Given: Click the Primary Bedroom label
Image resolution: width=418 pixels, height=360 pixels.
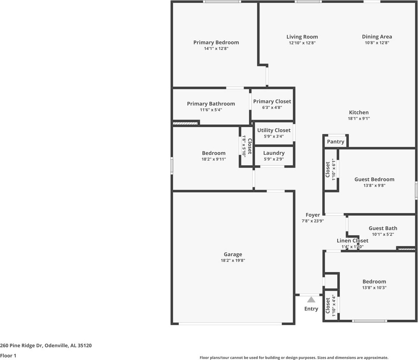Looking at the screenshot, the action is click(216, 42).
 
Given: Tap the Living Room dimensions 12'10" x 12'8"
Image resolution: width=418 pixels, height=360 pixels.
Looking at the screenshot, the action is click(302, 43).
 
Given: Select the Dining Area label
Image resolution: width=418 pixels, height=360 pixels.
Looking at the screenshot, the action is click(377, 37).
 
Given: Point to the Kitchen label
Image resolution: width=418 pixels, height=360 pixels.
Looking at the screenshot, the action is click(359, 112).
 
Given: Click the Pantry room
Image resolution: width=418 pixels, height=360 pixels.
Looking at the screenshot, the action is click(335, 141).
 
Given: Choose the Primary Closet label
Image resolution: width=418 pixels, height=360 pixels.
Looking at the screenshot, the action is click(272, 101).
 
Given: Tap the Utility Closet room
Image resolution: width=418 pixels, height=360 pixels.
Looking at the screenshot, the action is click(274, 133).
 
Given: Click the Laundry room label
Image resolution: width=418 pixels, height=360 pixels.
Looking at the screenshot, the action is click(274, 153).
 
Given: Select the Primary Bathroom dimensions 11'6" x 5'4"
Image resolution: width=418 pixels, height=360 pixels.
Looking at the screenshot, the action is click(211, 110).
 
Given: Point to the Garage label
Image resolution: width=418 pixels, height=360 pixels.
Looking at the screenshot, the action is click(233, 254).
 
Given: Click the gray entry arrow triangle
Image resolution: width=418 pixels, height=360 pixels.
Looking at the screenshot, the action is click(311, 300).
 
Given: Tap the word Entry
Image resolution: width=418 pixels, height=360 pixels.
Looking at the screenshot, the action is click(311, 309).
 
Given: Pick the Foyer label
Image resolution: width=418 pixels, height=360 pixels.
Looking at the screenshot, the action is click(313, 215).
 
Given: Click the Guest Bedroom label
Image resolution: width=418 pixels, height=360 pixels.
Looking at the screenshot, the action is click(374, 180).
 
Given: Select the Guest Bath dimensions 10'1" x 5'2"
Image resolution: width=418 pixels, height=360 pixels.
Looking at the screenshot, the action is click(383, 234).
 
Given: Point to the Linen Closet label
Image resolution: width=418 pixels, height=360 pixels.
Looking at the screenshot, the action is click(352, 241).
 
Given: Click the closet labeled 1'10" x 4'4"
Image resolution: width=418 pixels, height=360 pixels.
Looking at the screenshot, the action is click(330, 305).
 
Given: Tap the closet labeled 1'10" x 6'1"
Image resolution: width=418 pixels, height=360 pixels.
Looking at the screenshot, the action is click(330, 169).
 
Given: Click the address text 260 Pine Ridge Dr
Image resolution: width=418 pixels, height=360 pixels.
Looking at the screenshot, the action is click(21, 346).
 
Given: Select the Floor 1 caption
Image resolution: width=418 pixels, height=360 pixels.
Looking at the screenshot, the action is click(8, 356).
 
